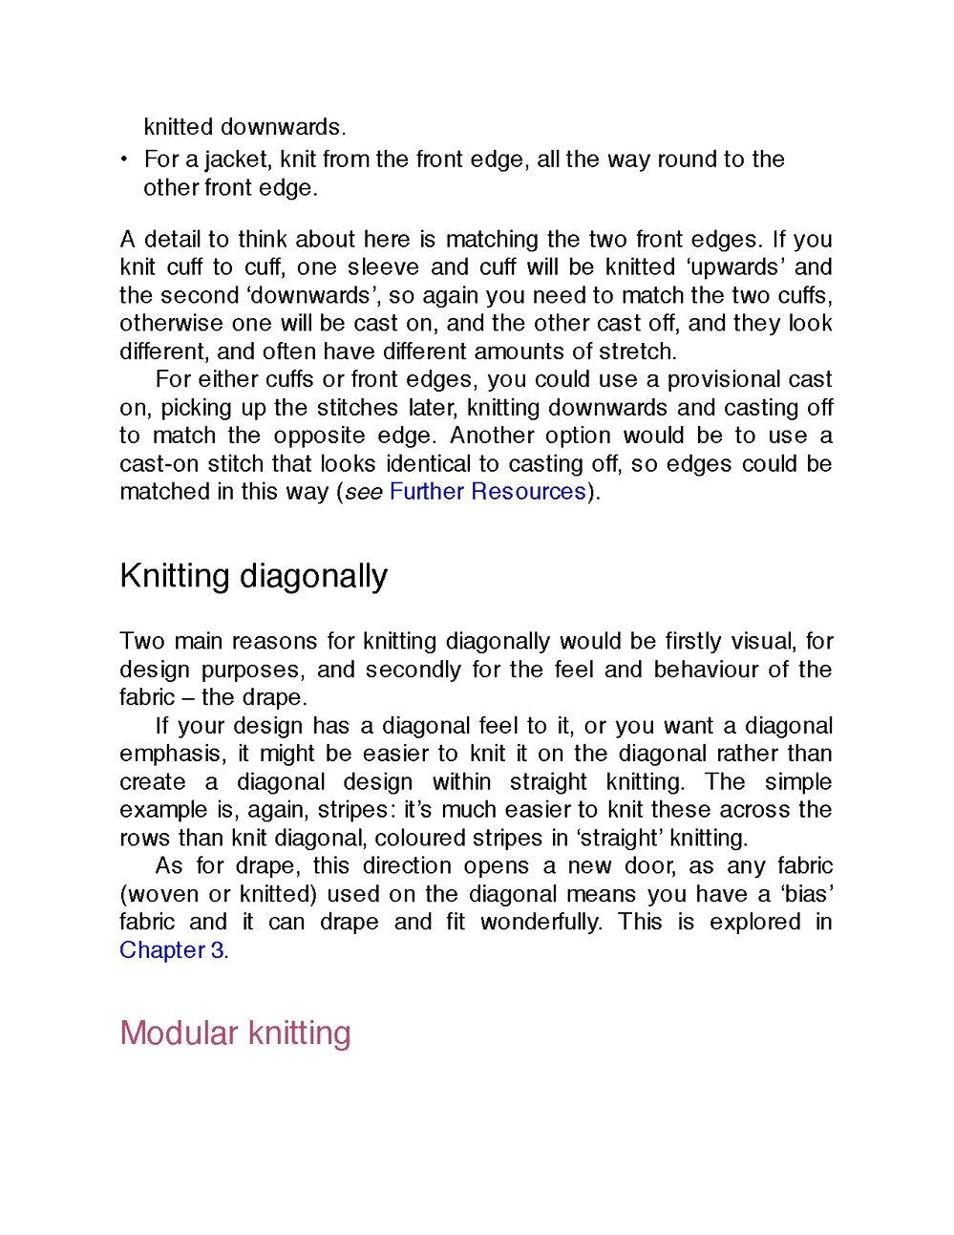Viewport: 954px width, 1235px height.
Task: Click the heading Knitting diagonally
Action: coord(253,577)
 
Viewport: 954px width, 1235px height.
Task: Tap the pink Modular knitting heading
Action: coord(235,1033)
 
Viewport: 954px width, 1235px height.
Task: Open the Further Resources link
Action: coord(487,492)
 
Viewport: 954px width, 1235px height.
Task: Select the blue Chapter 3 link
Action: coord(172,950)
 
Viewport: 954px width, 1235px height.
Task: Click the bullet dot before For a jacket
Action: coord(124,160)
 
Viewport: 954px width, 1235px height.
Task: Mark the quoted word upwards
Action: coord(733,267)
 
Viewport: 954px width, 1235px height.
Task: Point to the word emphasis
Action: coord(171,755)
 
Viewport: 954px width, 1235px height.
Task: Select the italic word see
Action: coord(363,492)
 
